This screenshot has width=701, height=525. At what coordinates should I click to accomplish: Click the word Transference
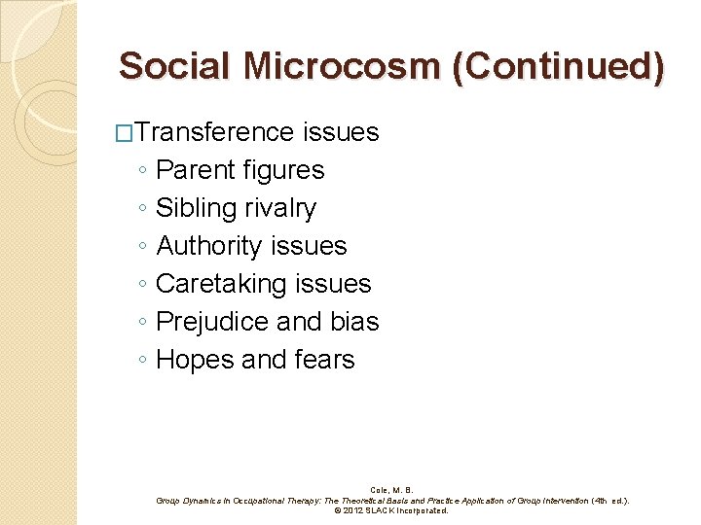pyautogui.click(x=215, y=132)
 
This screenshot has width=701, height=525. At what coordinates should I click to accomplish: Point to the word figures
pyautogui.click(x=283, y=170)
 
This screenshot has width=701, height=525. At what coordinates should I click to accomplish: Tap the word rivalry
pyautogui.click(x=280, y=208)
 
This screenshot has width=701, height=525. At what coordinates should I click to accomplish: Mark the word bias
pyautogui.click(x=355, y=322)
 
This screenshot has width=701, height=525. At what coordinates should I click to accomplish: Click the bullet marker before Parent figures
pyautogui.click(x=142, y=171)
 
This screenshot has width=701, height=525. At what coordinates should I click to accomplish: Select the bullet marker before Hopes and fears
pyautogui.click(x=142, y=361)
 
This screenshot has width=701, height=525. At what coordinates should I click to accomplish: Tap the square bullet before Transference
pyautogui.click(x=122, y=132)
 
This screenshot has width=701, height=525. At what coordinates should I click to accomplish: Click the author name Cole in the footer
pyautogui.click(x=381, y=490)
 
